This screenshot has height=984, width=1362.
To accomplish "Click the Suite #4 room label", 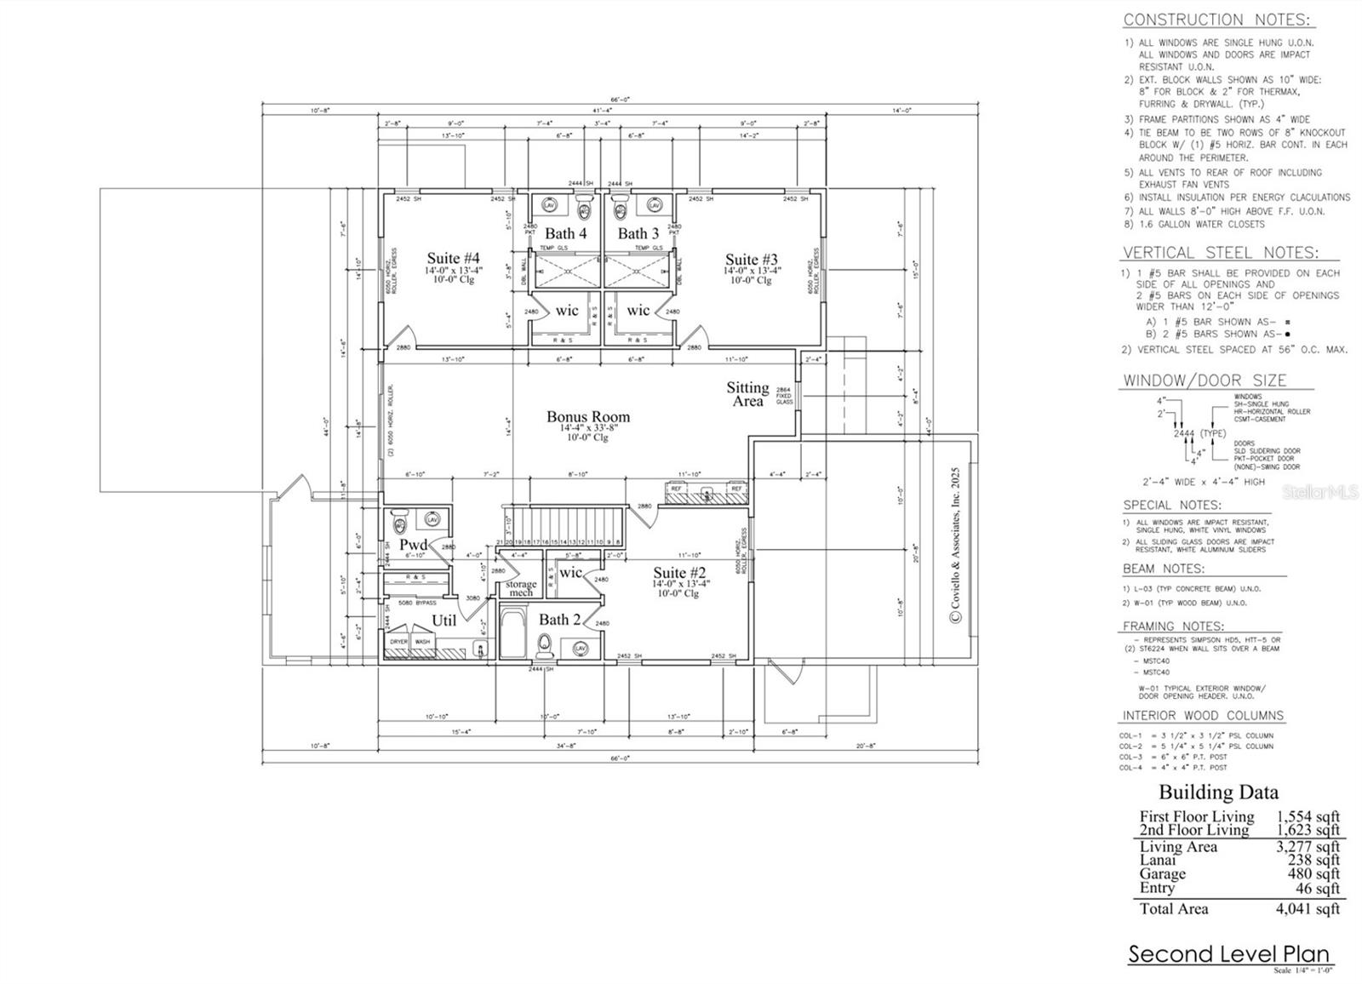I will [x=453, y=259].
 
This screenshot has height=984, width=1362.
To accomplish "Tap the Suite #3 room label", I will [x=751, y=260].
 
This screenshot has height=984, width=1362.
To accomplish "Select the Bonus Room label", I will [x=588, y=417].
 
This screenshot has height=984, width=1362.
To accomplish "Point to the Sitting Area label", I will [x=747, y=394].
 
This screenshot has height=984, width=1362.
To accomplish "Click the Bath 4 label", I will [x=565, y=233].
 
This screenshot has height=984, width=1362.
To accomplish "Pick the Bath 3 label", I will [x=638, y=233].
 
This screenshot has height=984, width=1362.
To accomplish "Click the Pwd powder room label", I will [x=414, y=545].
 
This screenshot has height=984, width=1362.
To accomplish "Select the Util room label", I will [x=443, y=621].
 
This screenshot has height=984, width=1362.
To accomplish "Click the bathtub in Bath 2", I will [x=514, y=633].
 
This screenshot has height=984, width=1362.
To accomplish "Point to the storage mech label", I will [x=521, y=588].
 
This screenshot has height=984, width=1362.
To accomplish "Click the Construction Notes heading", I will [x=1216, y=20].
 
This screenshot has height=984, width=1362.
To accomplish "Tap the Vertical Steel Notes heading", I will [x=1220, y=253].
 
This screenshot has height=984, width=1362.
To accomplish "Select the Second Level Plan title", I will [x=1229, y=954].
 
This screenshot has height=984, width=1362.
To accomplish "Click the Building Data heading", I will [x=1217, y=792].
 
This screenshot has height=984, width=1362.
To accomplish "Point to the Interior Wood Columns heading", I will [x=1203, y=716].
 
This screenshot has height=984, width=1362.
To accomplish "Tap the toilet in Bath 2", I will [x=545, y=650].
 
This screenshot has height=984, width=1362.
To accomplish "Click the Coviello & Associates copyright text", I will [x=954, y=545].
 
